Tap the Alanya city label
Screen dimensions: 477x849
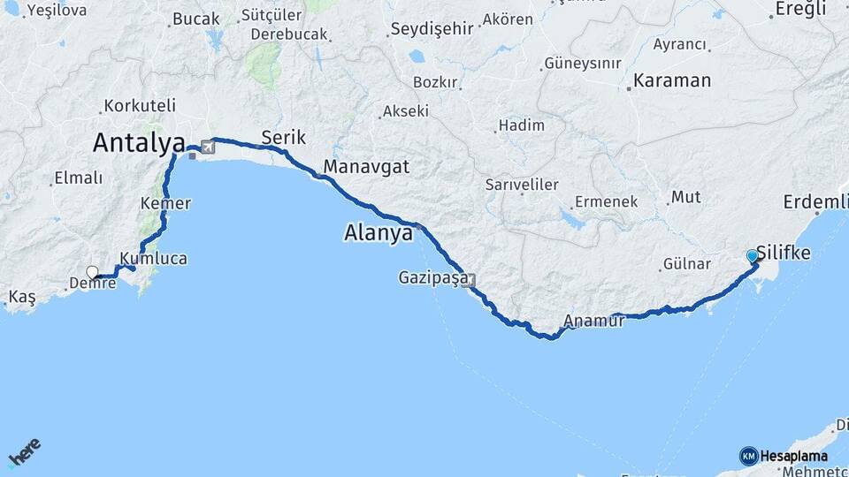click(x=379, y=234)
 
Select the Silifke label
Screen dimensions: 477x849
click(x=784, y=253)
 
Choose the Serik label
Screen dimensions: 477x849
click(x=283, y=137)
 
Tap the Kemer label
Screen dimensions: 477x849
click(x=165, y=203)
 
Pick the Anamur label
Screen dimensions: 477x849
click(x=593, y=322)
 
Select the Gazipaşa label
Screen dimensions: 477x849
click(x=431, y=279)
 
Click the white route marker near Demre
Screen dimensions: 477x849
click(x=92, y=273)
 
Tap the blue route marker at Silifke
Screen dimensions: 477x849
click(x=753, y=256)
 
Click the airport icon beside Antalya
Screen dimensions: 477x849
click(x=208, y=147)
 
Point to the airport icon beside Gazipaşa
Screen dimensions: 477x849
click(x=468, y=281)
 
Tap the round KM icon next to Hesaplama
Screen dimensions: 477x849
click(x=748, y=456)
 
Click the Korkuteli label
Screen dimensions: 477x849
click(x=140, y=105)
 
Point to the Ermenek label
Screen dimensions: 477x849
click(x=606, y=201)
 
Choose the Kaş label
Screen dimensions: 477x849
click(x=22, y=296)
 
